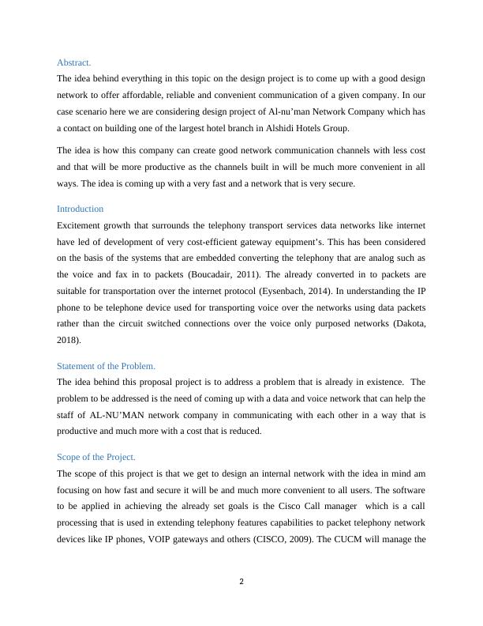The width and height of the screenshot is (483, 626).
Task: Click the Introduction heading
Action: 80,209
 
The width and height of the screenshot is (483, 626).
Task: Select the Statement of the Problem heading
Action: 106,366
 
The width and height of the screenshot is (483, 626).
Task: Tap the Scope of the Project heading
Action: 96,457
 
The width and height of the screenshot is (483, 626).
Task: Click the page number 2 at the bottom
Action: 241,582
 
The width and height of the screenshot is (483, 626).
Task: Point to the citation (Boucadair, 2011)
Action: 209,274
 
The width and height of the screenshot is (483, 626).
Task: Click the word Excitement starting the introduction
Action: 81,225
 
